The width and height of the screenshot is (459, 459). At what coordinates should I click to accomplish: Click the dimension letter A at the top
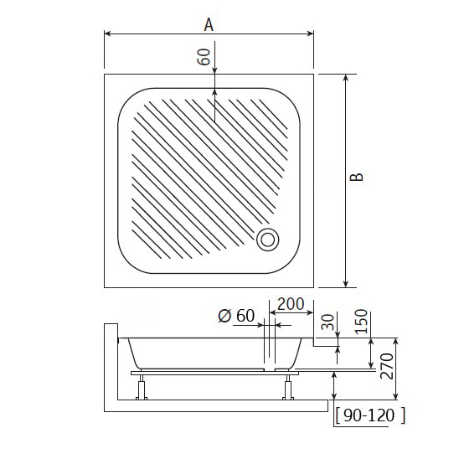[x=209, y=24]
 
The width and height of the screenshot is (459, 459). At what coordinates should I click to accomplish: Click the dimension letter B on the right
[x=357, y=178]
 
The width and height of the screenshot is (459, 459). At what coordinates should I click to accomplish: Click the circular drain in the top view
[x=268, y=240]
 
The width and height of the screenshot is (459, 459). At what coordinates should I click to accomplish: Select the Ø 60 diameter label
[x=235, y=316]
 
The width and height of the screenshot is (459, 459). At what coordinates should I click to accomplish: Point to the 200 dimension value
[x=291, y=304]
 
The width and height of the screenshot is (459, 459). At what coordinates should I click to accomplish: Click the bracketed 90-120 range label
[x=369, y=415]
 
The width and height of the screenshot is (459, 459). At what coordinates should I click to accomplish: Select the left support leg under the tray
[x=142, y=387]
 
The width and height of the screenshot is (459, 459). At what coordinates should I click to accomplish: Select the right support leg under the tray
[x=290, y=387]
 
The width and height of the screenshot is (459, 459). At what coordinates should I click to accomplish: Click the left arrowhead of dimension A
[x=108, y=34]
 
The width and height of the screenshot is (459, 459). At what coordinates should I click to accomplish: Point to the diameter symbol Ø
[x=224, y=316]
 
